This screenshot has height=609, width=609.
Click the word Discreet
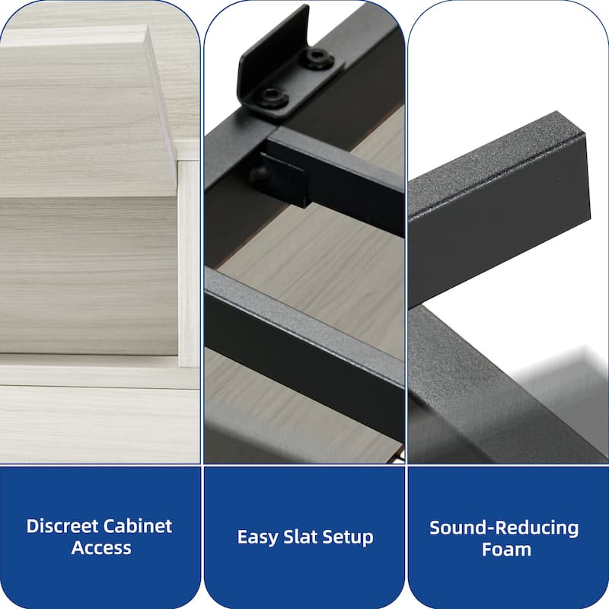[62, 526]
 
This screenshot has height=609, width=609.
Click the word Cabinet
[138, 526]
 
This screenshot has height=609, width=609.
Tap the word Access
[101, 548]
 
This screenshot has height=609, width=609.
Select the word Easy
[257, 538]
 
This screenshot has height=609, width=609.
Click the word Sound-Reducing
[504, 528]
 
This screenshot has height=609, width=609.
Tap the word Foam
[506, 550]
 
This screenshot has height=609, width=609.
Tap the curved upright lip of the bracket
[272, 43]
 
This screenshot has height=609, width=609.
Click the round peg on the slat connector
[260, 174]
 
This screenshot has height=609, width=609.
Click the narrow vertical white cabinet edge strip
[188, 264]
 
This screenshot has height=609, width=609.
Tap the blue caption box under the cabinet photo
[100, 537]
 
